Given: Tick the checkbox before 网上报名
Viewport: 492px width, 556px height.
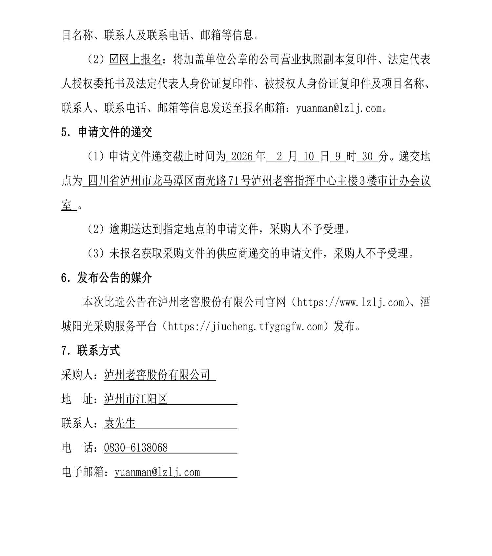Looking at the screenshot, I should tap(114, 59).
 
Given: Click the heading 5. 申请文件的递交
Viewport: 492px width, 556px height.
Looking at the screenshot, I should tap(107, 132).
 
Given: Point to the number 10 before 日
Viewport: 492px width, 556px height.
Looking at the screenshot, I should tap(309, 157).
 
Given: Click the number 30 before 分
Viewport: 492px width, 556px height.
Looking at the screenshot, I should tap(367, 157).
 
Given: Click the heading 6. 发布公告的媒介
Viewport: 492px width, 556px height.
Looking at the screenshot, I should tap(107, 278).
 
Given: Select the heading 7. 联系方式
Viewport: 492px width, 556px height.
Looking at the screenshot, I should tap(91, 351).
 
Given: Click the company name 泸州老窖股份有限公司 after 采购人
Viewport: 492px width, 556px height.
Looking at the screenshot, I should tap(157, 375).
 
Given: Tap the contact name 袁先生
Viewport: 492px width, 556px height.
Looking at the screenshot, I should tap(120, 423).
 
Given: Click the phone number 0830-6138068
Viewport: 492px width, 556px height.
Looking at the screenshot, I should tap(136, 448).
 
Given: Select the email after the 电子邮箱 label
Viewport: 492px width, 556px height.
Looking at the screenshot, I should tap(157, 472).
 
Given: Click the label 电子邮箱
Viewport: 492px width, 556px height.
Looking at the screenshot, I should tap(83, 472).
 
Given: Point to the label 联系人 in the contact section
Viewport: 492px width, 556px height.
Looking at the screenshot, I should tap(77, 423).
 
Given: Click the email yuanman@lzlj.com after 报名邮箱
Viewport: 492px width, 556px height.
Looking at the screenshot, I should tap(339, 108).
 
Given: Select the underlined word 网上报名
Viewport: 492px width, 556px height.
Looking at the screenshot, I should tap(140, 59).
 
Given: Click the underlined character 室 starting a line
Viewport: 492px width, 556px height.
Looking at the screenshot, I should tap(67, 205).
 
